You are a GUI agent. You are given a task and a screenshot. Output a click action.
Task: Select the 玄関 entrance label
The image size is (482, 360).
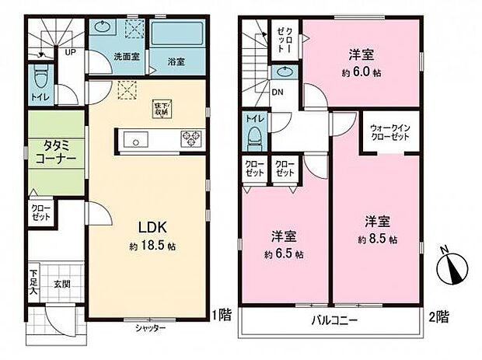[63, 284]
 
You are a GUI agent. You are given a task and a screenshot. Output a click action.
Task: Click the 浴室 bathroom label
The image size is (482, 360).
[175, 60]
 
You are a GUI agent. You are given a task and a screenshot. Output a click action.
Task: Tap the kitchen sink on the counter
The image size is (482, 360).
[135, 141]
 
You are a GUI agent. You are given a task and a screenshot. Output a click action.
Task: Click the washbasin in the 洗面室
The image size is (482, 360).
[102, 26]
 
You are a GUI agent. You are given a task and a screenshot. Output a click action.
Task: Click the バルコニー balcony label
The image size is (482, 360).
[334, 320]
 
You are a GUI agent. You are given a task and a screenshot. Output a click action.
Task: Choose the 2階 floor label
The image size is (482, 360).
[438, 316]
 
